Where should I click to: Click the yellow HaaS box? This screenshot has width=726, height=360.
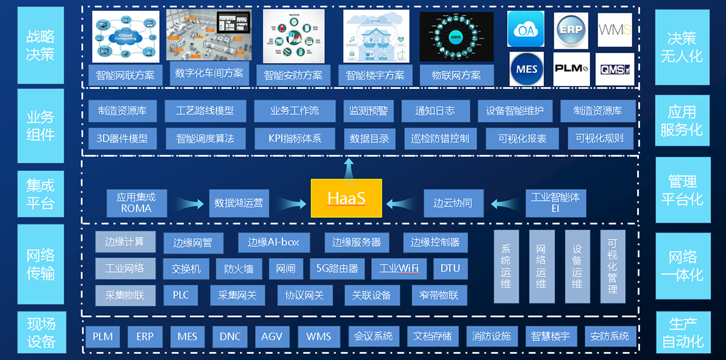point(347,198)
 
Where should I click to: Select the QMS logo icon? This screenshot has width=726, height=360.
point(615,70)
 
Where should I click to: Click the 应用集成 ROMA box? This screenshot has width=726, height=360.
point(136,203)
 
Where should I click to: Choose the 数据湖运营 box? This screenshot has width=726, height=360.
point(239,203)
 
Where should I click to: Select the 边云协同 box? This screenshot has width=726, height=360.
point(453,203)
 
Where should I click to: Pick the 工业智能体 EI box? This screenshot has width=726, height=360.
point(555,203)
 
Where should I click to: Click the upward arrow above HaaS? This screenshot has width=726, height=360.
point(348,166)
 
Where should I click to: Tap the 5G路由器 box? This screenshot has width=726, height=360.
point(337,269)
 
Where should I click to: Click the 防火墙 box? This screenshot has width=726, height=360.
point(238,269)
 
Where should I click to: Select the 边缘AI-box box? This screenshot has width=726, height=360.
point(273,242)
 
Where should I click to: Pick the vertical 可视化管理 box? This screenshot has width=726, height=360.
point(612,266)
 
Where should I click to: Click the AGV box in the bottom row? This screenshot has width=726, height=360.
point(272,336)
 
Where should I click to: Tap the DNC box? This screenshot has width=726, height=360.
point(230,336)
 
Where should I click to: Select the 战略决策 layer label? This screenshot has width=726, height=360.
point(41,45)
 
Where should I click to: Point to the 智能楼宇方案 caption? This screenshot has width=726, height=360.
point(375,76)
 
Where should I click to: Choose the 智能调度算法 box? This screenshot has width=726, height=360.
point(205,138)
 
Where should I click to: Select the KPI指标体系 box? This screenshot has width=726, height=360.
point(295,138)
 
